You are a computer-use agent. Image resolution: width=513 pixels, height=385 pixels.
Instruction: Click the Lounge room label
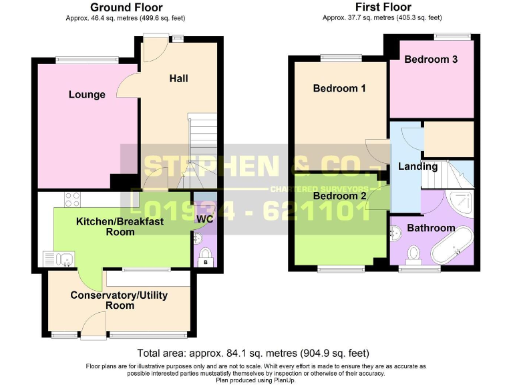pyautogui.click(x=87, y=94)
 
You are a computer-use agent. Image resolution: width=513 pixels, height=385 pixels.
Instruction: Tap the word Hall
pyautogui.click(x=178, y=78)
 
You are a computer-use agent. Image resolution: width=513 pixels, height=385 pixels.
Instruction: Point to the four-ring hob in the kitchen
pyautogui.click(x=71, y=199)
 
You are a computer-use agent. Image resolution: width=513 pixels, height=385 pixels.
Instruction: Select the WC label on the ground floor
pyautogui.click(x=204, y=219)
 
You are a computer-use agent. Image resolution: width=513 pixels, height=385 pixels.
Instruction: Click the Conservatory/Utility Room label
pyautogui.click(x=119, y=300)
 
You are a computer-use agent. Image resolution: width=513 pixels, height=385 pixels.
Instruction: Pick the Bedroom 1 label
pyautogui.click(x=339, y=88)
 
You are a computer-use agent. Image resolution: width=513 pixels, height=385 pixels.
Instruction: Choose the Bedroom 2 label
pyautogui.click(x=339, y=196)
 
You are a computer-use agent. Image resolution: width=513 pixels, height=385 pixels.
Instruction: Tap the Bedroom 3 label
pyautogui.click(x=431, y=59)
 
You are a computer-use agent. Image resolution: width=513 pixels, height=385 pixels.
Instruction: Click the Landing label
pyautogui.click(x=417, y=166)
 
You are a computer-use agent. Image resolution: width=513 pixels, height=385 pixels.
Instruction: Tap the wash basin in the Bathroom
pyautogui.click(x=395, y=233)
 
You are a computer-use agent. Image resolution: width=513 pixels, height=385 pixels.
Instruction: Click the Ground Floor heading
pyautogui.click(x=126, y=7)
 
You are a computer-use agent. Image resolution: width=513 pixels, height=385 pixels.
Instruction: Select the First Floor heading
pyautogui.click(x=383, y=7)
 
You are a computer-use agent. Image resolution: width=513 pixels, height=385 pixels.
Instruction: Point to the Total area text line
pyautogui.click(x=253, y=353)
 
